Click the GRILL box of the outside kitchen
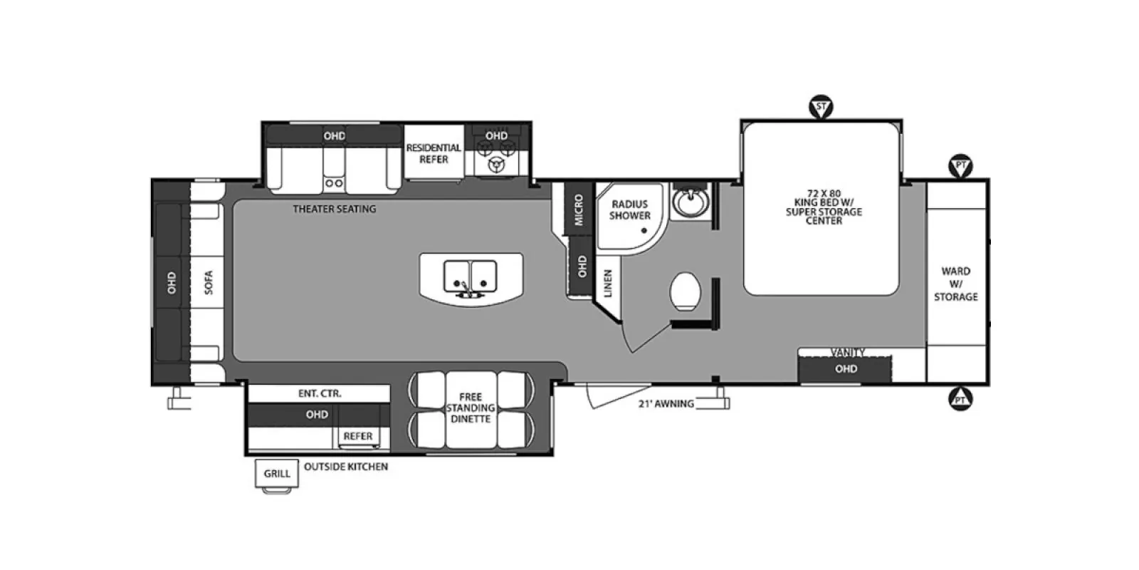pos(277,473)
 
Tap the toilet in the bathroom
pos(685,291)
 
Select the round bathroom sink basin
pos(690,202)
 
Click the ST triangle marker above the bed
pos(821,107)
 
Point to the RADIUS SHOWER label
pos(629,209)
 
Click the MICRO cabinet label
pos(579,209)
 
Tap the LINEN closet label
pos(608,283)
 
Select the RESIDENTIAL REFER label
pos(434,153)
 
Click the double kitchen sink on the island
pos(471,276)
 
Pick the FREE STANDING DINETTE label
pos(471,408)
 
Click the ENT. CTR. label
pos(320,393)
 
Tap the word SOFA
pos(208,282)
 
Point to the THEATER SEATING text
pos(335,209)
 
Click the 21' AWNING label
pos(666,403)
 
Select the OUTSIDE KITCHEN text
pos(346,467)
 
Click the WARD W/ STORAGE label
pos(956,284)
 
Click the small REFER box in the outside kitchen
pos(359,437)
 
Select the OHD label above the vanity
pos(846,368)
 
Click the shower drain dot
pos(644,231)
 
